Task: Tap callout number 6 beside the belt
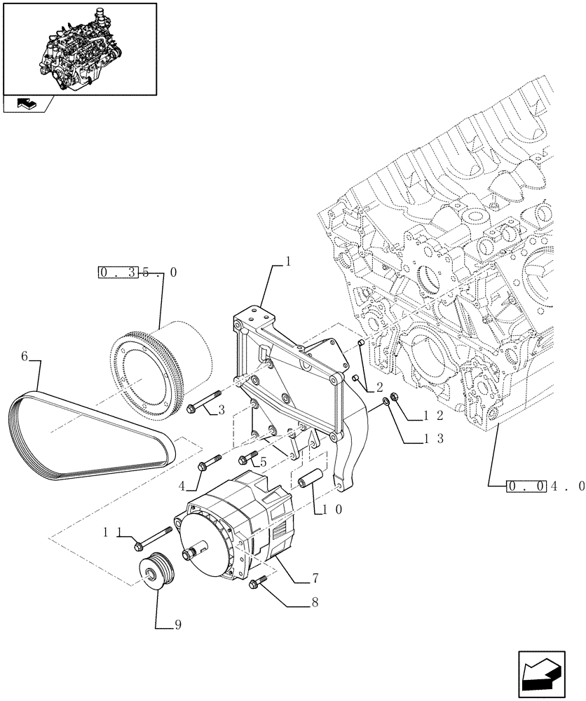coord(24,357)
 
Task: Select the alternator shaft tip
coord(189,555)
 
